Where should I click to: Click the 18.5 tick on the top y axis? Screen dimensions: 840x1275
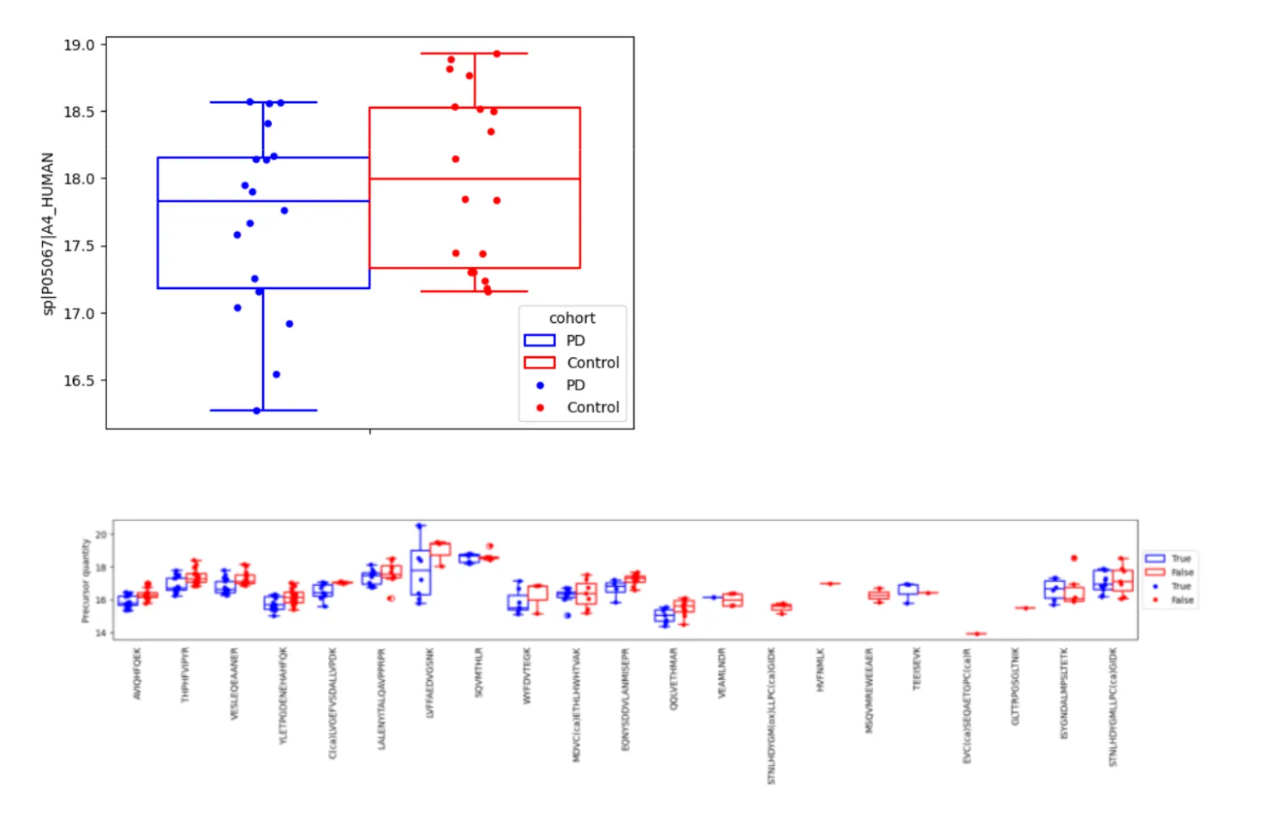pyautogui.click(x=79, y=112)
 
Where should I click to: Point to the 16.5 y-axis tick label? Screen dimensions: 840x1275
pyautogui.click(x=79, y=381)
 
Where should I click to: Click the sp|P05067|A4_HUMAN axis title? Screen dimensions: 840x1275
pyautogui.click(x=48, y=234)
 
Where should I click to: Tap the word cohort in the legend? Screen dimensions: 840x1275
pyautogui.click(x=571, y=318)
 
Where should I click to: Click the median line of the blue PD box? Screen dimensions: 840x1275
pyautogui.click(x=263, y=200)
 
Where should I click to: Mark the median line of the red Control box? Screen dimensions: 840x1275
pyautogui.click(x=474, y=179)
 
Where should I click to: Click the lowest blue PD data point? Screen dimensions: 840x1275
pyautogui.click(x=257, y=411)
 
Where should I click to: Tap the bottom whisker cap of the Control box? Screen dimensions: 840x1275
pyautogui.click(x=474, y=291)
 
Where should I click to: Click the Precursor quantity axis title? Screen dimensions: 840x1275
pyautogui.click(x=84, y=580)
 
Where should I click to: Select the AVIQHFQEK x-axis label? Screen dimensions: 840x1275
pyautogui.click(x=137, y=673)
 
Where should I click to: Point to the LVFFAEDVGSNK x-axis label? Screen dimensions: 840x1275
pyautogui.click(x=430, y=682)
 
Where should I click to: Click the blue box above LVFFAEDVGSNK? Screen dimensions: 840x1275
pyautogui.click(x=420, y=572)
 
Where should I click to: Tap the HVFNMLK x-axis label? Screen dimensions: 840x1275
pyautogui.click(x=821, y=670)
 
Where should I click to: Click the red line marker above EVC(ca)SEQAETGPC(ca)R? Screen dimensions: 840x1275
pyautogui.click(x=976, y=634)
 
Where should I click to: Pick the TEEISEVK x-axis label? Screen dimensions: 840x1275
pyautogui.click(x=918, y=669)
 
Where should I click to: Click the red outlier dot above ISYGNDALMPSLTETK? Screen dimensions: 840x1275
pyautogui.click(x=1074, y=558)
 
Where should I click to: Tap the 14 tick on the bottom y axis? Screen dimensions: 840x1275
pyautogui.click(x=101, y=633)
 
